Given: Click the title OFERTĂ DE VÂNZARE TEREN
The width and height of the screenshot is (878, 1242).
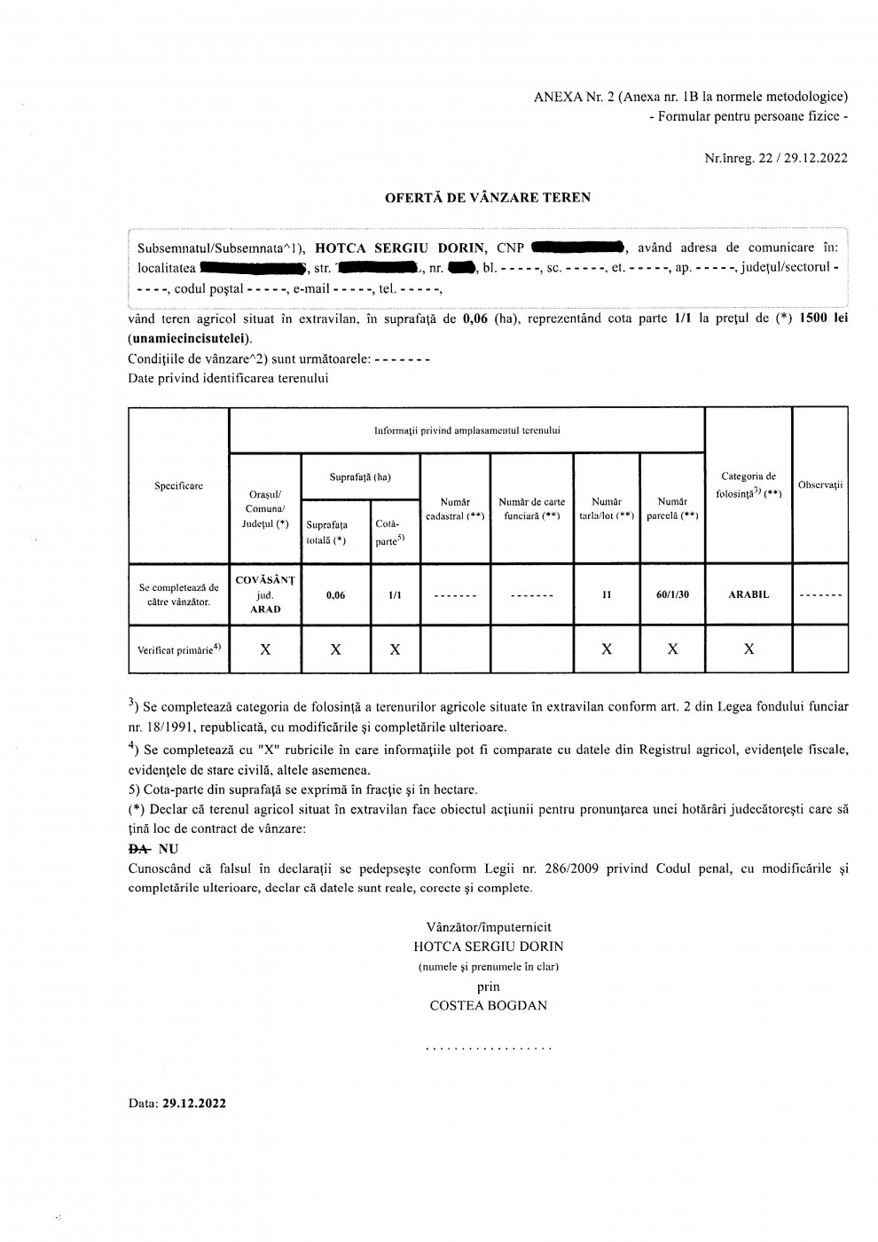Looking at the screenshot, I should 487,198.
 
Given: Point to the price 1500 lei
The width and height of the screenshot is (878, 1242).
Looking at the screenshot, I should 824,318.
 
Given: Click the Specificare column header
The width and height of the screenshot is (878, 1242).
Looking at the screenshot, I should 178,485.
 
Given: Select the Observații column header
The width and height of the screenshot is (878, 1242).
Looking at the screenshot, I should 819,485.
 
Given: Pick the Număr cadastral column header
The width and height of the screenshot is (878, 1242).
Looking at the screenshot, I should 455,509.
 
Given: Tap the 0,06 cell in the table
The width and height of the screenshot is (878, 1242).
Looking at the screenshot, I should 335,595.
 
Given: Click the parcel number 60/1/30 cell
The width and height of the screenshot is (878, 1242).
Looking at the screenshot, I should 672,595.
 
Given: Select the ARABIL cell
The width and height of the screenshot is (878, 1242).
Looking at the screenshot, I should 749,595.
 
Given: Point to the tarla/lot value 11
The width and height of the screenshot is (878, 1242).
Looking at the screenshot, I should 607,595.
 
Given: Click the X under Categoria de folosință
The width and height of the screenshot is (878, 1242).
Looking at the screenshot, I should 749,649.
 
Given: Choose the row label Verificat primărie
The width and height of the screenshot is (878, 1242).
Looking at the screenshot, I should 178,649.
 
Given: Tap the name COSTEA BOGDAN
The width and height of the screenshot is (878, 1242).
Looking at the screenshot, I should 488,1006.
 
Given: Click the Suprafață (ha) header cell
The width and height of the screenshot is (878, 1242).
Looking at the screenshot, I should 360,477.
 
